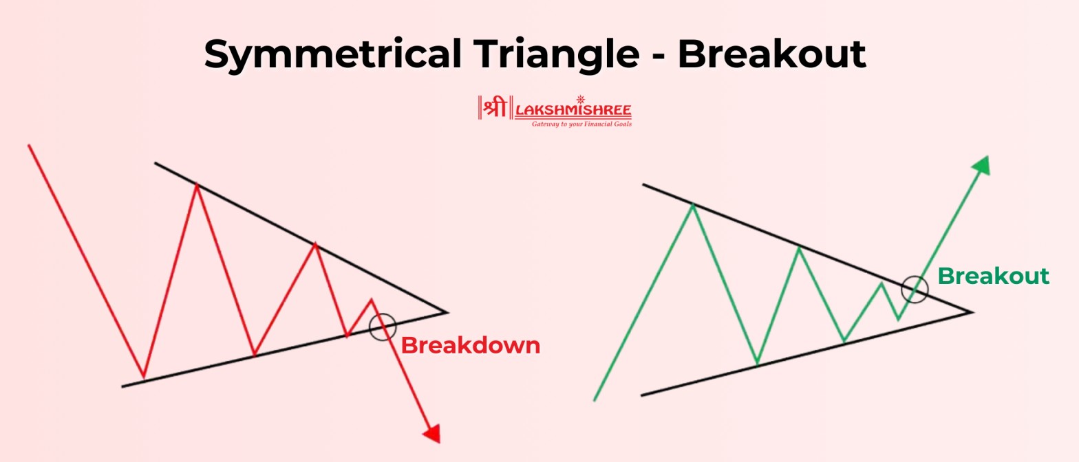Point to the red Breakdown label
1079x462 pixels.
471,345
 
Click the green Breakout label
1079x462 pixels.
993,276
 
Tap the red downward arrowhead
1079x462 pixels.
431,434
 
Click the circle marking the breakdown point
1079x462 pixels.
382,326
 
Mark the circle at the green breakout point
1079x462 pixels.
915,289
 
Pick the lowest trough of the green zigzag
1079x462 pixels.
757,363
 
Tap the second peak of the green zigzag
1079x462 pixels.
799,247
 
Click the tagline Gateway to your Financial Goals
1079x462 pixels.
581,124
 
